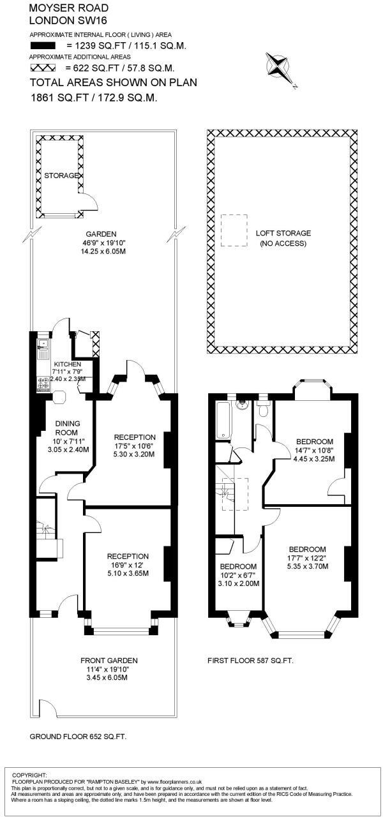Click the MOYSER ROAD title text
click(69, 8)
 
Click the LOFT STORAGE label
click(283, 234)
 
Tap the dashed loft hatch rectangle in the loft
click(234, 230)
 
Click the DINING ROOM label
click(66, 428)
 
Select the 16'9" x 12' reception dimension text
click(128, 565)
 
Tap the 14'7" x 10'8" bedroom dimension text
click(315, 451)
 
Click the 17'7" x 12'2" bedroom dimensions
click(307, 558)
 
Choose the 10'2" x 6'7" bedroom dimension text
click(238, 575)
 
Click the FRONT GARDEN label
click(109, 661)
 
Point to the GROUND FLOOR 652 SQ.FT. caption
click(78, 737)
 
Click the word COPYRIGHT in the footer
click(29, 775)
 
